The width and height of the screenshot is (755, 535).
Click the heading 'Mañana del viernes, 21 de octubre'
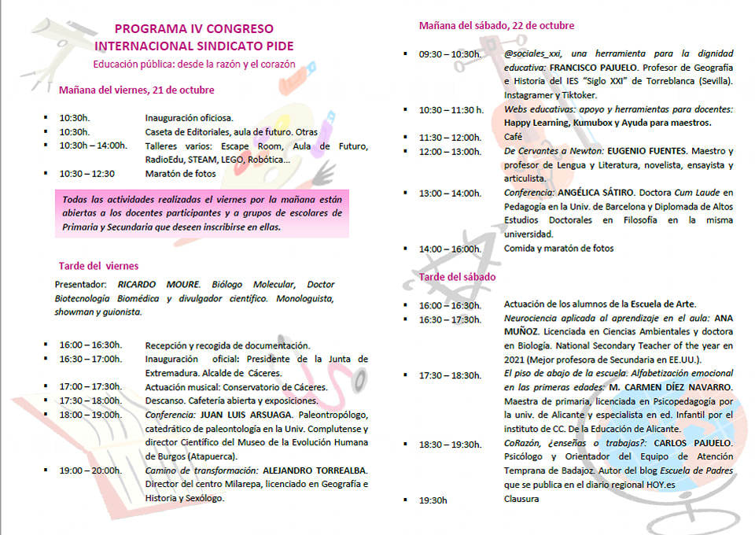(x=136, y=90)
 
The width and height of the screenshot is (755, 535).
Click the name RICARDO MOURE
(x=159, y=285)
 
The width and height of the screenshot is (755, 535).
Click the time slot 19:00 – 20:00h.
(x=90, y=470)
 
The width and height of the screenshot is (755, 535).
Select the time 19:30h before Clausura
(x=433, y=499)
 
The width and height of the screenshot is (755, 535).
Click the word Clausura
(x=521, y=499)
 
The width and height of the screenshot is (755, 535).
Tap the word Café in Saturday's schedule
(x=513, y=137)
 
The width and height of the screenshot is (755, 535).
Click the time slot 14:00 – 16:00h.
(x=450, y=249)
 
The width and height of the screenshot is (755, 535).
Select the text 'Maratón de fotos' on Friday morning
(x=182, y=174)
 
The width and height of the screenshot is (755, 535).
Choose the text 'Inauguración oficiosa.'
(x=189, y=118)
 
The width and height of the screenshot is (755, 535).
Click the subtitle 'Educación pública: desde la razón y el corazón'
(x=194, y=64)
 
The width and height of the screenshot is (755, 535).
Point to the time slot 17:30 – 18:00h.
(x=90, y=400)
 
